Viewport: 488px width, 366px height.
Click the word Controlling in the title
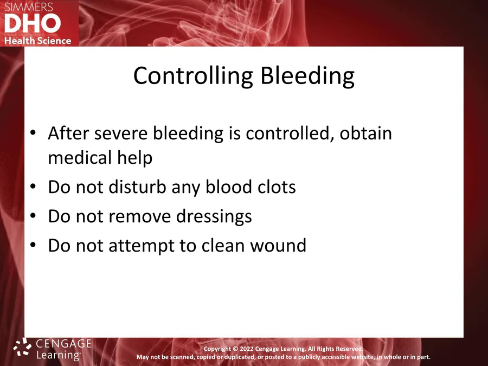pos(193,75)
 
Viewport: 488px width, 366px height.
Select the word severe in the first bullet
pos(121,133)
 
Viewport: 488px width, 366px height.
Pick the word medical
pos(80,157)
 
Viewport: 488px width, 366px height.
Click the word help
pos(135,158)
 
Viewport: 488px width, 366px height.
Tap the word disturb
pos(137,187)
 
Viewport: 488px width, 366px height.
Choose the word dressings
pos(214,216)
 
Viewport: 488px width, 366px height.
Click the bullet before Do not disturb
pos(33,187)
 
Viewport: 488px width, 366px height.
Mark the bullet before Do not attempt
pos(33,245)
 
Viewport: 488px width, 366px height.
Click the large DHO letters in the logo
pos(33,23)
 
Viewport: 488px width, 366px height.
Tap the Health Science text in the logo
pos(37,41)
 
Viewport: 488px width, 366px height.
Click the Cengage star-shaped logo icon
pos(22,346)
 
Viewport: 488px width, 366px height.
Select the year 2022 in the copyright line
pos(247,349)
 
